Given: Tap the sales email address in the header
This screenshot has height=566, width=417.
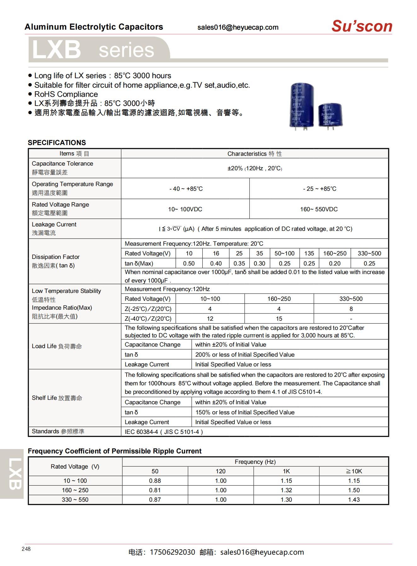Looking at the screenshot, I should [238, 27].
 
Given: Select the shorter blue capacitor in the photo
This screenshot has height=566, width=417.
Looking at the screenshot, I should [330, 115].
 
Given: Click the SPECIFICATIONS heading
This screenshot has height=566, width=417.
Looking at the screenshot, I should [57, 143].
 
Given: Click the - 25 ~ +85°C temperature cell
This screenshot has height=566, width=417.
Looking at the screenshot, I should [319, 189].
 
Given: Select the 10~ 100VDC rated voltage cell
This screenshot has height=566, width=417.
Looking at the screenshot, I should [185, 209].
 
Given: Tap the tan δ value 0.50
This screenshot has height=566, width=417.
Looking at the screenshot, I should [189, 263].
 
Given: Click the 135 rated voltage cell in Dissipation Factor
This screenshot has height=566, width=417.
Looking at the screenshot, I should [309, 254].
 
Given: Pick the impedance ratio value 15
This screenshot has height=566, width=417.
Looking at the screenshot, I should [279, 319].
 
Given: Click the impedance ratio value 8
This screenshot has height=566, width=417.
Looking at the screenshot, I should [351, 309].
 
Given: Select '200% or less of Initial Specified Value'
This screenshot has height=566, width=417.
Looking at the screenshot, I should [245, 355].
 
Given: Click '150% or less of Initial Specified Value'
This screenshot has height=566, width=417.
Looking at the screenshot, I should [245, 412].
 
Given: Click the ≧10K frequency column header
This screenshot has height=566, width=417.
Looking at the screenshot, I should [354, 471].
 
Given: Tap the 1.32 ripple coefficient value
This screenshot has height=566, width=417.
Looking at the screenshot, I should [286, 490].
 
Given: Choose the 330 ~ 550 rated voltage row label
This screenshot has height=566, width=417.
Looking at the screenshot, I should [75, 500].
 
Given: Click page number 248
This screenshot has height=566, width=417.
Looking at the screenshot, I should [26, 549].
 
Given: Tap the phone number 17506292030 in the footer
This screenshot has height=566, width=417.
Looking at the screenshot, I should [172, 552].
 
